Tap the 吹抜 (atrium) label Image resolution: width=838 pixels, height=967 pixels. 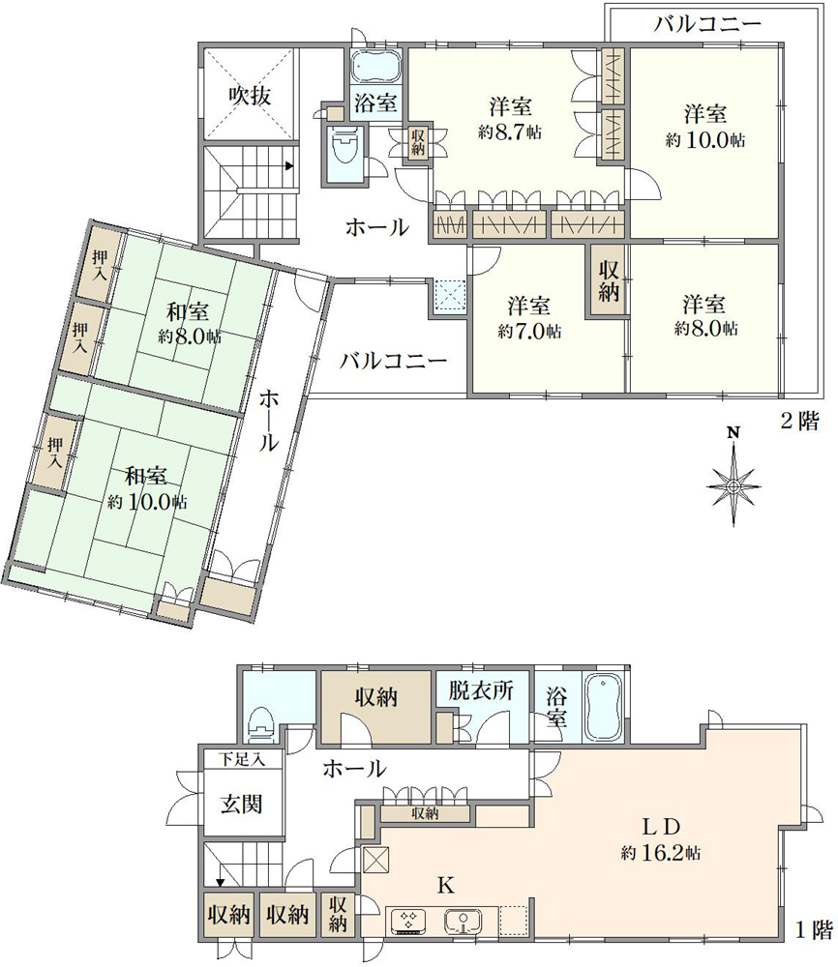250,96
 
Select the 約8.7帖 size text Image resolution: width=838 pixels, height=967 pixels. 510,132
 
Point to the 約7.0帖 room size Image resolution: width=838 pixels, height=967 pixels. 529,331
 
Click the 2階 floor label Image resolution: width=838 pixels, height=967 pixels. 799,422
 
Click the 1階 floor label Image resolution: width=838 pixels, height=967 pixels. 814,930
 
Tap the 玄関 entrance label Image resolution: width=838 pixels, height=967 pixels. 242,804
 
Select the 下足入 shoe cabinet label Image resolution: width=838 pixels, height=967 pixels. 243,759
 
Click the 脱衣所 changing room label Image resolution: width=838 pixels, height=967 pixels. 481,690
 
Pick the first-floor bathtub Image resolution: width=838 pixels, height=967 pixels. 605,707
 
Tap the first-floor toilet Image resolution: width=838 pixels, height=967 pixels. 259,723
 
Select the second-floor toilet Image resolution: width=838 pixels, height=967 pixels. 344,147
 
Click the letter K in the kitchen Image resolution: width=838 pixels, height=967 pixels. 445,886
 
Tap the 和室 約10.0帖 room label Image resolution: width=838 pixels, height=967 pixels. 147,487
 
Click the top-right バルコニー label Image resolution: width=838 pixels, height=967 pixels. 707,24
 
